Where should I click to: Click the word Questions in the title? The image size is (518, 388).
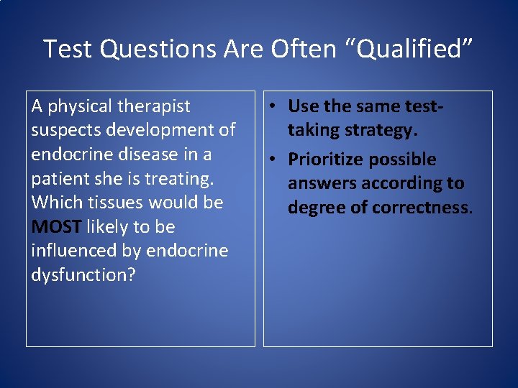click(157, 49)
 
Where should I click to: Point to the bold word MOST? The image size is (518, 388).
click(56, 227)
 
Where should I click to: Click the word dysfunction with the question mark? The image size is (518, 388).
click(83, 275)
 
